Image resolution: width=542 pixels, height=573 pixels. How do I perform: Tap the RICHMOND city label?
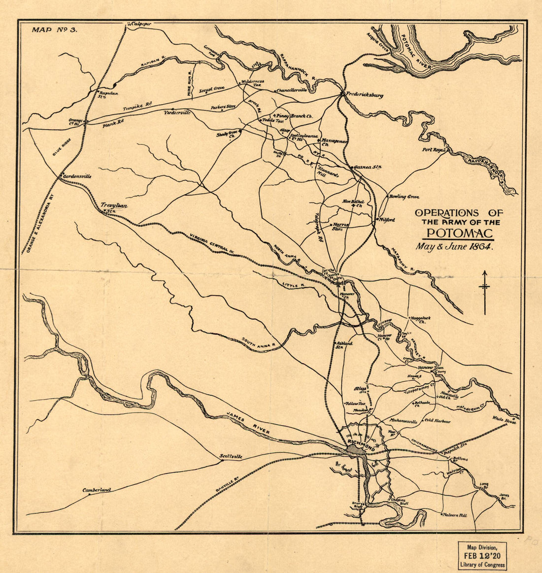point(361,445)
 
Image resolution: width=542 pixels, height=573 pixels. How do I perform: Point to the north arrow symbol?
point(485,292)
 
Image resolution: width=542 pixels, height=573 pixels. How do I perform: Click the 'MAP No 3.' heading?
point(55,30)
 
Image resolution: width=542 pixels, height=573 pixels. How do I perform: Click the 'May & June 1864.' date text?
point(454,247)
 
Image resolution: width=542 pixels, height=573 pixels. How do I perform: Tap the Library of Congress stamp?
point(482,555)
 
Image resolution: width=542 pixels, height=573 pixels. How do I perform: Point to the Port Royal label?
point(433,150)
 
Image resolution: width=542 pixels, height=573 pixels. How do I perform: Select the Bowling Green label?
point(404,197)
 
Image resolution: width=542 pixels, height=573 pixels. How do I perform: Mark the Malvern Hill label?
point(456,515)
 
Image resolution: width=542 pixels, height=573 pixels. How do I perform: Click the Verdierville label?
point(176,112)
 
